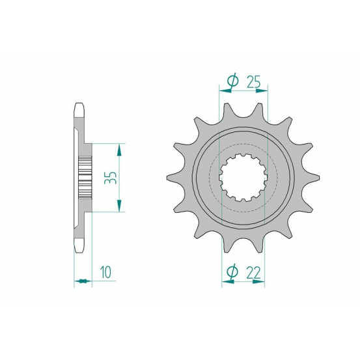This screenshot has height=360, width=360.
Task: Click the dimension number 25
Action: pos(254,82)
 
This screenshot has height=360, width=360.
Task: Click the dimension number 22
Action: pos(254,273)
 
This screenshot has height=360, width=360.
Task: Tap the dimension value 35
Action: pos(111,178)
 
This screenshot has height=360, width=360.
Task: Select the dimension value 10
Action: pos(106,272)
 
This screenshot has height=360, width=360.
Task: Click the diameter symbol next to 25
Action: pos(232,81)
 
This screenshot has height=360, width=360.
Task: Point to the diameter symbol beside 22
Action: pos(232,271)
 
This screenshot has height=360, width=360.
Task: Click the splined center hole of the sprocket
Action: pos(243,178)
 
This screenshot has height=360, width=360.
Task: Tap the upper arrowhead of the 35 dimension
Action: pos(119,150)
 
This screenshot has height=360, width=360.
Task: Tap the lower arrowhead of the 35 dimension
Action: pos(119,206)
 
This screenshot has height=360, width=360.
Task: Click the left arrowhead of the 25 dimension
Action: pos(225,91)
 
